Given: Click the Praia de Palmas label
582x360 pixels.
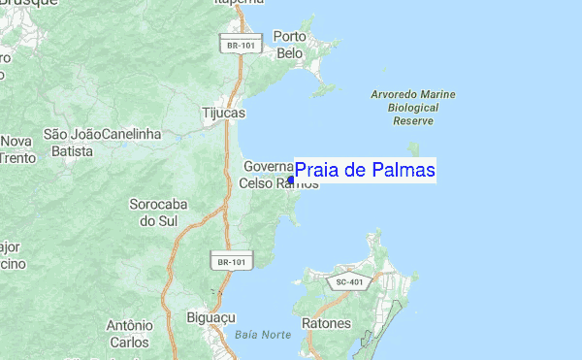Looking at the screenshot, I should coord(365,171).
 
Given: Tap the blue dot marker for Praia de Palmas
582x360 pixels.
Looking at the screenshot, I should coord(291,179).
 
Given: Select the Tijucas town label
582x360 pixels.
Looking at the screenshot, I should coord(222,113).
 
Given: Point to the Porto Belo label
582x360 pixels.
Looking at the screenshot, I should coord(290,45).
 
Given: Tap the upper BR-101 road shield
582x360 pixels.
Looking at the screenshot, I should coord(236,45).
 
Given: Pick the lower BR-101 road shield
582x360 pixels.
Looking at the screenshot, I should coord(232,260).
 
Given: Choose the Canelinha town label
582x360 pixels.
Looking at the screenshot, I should coord(131,133).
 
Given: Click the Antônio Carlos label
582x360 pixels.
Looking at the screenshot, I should coord(130,334).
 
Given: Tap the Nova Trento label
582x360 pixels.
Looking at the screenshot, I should coord(16,148).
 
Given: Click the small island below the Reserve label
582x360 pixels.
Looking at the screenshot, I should coord(414,148).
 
